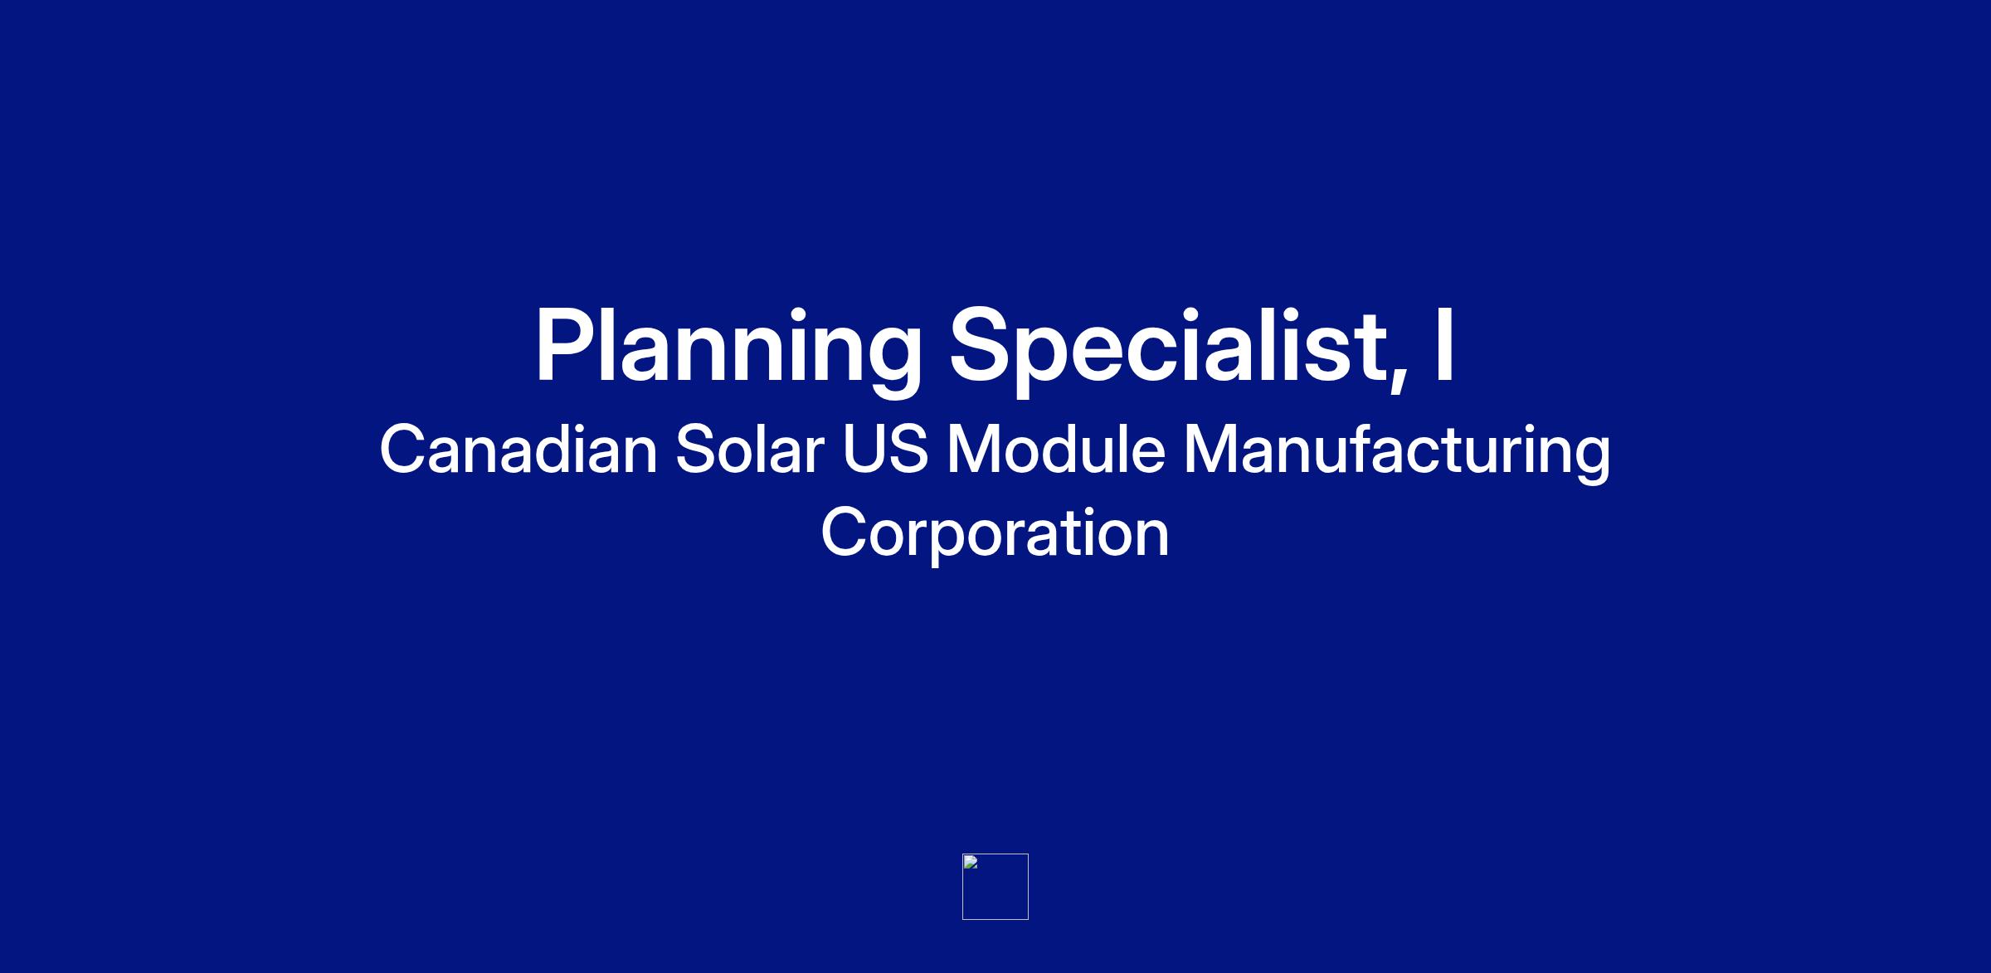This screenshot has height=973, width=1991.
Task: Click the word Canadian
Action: pos(518,449)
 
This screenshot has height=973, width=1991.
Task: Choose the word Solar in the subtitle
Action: pos(750,449)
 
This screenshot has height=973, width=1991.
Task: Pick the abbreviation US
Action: pos(885,449)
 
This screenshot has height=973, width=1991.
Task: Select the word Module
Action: pos(1055,449)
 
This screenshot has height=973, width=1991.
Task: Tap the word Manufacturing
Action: pos(1397,453)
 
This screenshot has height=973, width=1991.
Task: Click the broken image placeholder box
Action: pos(995,887)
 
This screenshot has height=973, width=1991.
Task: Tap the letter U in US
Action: pos(864,450)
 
